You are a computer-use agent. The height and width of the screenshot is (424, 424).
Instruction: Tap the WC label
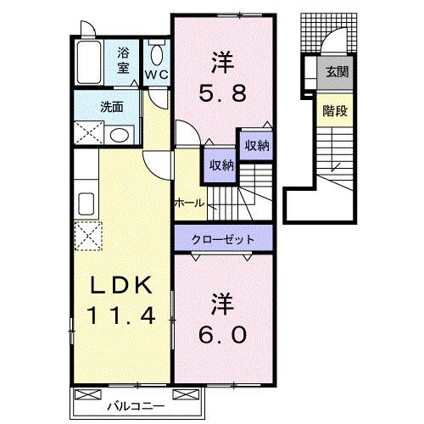[x=156, y=74]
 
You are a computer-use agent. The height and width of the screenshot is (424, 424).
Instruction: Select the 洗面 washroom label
[x=111, y=108]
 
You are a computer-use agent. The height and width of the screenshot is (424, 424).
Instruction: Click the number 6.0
[x=224, y=334]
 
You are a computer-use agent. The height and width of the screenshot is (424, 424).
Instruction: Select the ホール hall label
[x=187, y=204]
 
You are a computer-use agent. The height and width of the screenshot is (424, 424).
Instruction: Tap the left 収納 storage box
[x=218, y=165]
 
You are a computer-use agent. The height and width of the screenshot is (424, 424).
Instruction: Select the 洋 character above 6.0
[x=223, y=303]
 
